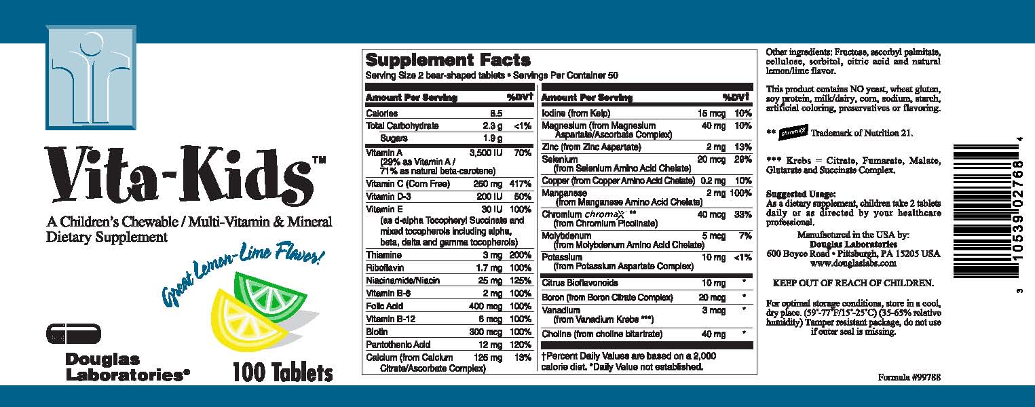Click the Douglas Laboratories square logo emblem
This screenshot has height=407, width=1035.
tap(91, 77)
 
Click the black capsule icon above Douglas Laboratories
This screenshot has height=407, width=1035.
tap(73, 334)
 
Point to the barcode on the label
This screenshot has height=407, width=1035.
tap(987, 210)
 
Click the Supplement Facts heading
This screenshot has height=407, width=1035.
tap(448, 60)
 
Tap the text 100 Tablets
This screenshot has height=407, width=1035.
tap(282, 373)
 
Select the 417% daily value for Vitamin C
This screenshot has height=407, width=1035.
tap(521, 184)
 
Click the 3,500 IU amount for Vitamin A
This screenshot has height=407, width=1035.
tap(486, 153)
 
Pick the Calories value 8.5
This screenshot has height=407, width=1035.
tap(496, 113)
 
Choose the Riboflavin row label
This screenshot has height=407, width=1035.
tap(385, 268)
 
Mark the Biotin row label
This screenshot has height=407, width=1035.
tap(377, 332)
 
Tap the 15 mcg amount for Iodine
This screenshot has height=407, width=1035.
tap(711, 113)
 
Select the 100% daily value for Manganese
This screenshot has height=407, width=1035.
tap(740, 193)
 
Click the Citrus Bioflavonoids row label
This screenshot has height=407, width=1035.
tap(580, 283)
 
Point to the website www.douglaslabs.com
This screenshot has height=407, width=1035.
tap(853, 263)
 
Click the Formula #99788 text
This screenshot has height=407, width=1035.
tap(909, 377)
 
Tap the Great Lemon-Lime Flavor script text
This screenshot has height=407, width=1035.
tap(242, 273)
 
